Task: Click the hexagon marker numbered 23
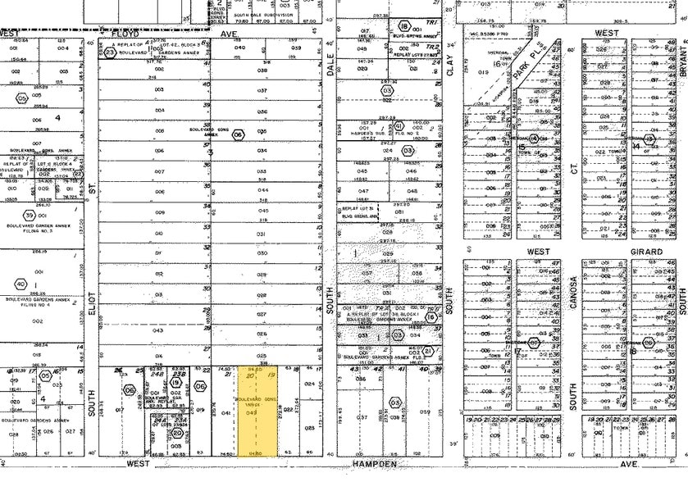point(111,52)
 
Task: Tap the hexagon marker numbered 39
point(30,216)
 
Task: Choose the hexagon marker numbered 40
point(21,284)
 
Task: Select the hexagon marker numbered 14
point(534,139)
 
